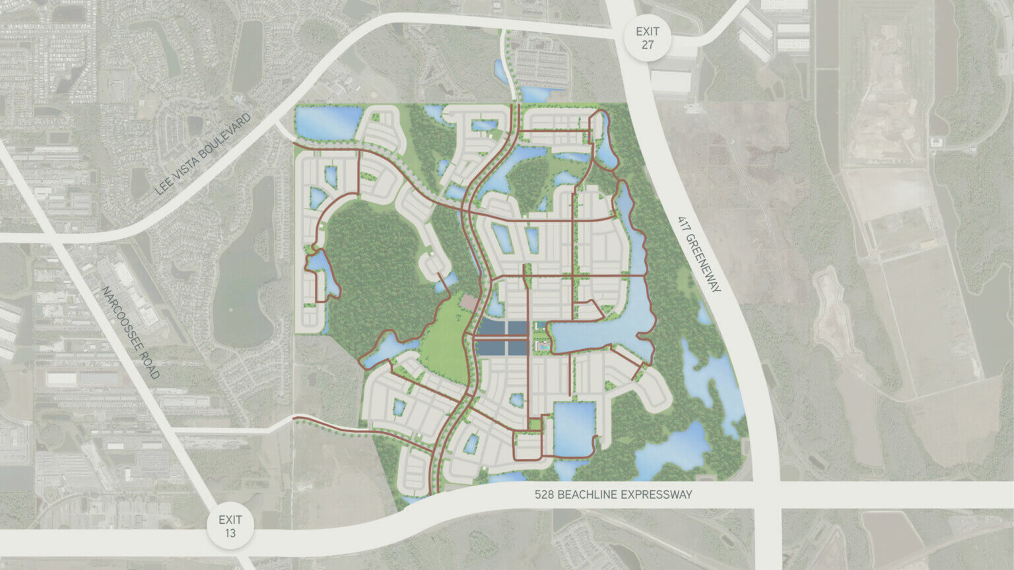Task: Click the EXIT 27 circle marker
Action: [x=648, y=38]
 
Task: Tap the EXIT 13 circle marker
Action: [x=230, y=526]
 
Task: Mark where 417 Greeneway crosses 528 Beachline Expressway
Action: [x=766, y=495]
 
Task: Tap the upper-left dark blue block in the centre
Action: [x=491, y=327]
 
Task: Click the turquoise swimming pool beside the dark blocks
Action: [x=541, y=346]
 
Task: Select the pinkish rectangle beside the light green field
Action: [x=469, y=302]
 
